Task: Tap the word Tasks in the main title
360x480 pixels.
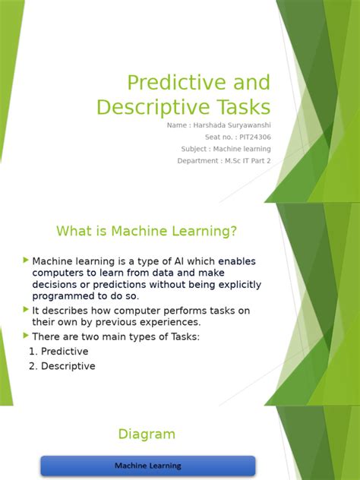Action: coord(238,106)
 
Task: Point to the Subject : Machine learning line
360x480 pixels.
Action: coord(226,149)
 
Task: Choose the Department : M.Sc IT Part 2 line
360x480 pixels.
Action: coord(224,161)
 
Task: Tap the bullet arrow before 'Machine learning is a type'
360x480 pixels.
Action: coord(27,261)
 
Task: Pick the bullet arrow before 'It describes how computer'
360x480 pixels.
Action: coord(27,310)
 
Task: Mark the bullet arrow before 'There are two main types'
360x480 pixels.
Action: coord(27,336)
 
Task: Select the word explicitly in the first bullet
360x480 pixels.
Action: coord(226,285)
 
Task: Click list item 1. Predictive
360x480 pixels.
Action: coord(58,352)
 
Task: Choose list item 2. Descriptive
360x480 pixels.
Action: coord(62,366)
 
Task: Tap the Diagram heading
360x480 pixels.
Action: coord(147,434)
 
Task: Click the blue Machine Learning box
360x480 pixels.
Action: coord(147,466)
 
